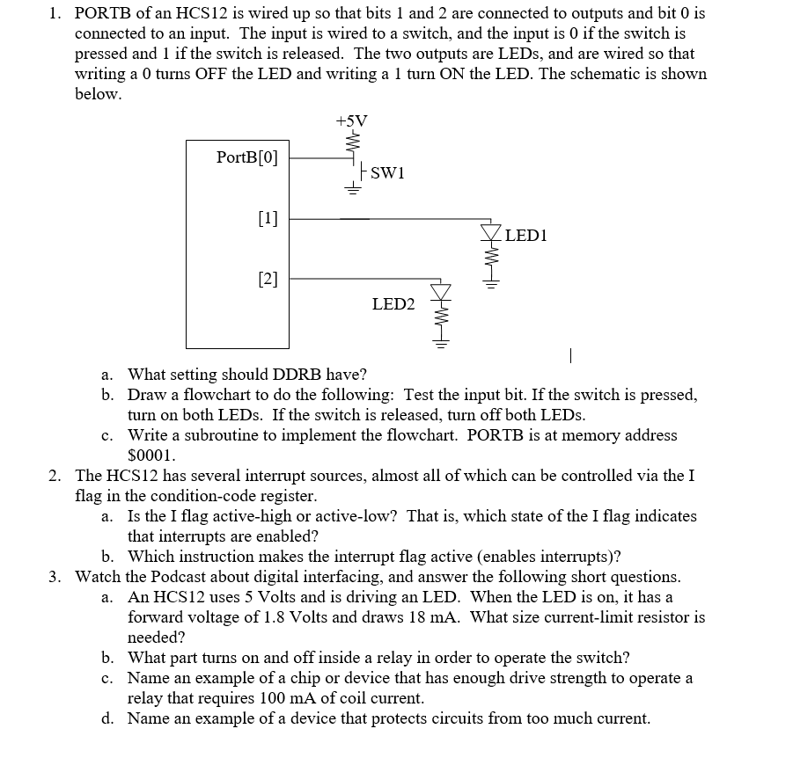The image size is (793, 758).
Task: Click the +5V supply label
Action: pyautogui.click(x=352, y=120)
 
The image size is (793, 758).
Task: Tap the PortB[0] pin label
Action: pyautogui.click(x=246, y=158)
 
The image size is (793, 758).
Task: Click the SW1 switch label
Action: pyautogui.click(x=387, y=172)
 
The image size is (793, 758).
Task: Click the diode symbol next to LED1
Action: pyautogui.click(x=490, y=233)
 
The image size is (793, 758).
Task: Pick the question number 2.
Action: pyautogui.click(x=55, y=476)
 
